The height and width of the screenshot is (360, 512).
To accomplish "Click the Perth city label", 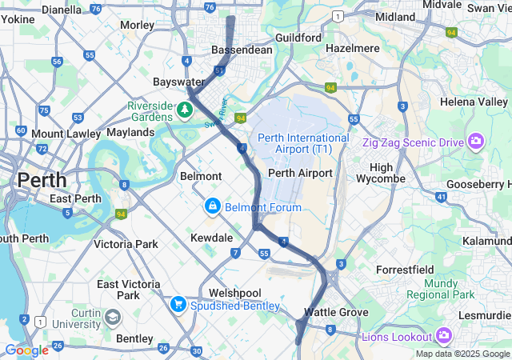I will [x=42, y=179].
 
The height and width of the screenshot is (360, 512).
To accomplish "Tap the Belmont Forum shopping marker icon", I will [x=213, y=207].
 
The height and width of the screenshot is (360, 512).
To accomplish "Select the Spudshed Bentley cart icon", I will [x=178, y=305].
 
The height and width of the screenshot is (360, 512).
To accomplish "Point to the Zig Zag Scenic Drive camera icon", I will [x=476, y=142].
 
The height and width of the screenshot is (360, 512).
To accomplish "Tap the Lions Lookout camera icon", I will [x=444, y=336].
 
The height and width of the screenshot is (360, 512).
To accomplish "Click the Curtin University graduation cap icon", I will [x=112, y=317].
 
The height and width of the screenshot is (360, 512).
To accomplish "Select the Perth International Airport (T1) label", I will [x=303, y=143].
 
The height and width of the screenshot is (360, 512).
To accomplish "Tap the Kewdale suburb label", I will [x=211, y=238].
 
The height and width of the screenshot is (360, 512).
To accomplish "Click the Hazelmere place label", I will [x=353, y=49].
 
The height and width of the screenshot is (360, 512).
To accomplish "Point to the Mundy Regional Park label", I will [x=440, y=289].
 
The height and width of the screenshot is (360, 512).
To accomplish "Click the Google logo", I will [x=26, y=350].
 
